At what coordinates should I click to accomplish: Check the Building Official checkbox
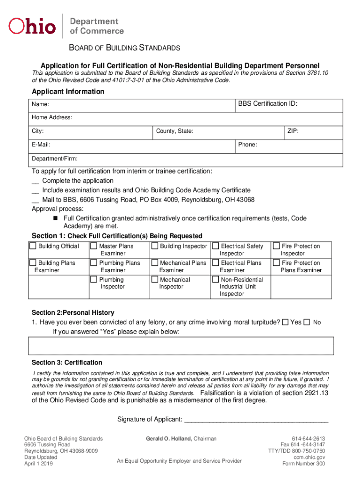[33, 246]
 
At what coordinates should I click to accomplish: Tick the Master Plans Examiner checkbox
[94, 246]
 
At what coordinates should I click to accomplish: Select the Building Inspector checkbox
[155, 246]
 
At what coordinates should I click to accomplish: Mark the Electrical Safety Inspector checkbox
[216, 246]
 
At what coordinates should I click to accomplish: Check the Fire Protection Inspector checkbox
[276, 246]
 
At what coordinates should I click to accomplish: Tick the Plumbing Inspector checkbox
[94, 280]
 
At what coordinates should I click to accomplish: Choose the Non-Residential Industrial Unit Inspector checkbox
[216, 280]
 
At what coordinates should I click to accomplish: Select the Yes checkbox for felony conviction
[285, 322]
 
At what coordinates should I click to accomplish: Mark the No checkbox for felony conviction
[307, 322]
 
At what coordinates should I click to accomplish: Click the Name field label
[41, 104]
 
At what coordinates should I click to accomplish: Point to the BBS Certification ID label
[267, 103]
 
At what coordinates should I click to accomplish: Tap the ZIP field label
[293, 131]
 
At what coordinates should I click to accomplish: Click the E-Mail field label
[41, 145]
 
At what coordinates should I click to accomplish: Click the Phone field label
[247, 145]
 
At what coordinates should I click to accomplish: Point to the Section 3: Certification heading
[67, 363]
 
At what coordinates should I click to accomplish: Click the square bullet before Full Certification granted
[55, 218]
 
